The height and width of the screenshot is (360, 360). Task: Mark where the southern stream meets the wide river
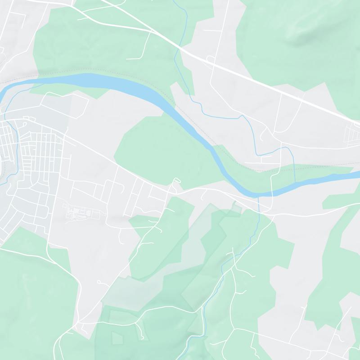click(x=260, y=197)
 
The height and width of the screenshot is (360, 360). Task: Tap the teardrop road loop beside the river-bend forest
click(x=176, y=181)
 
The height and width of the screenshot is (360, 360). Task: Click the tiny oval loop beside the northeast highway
click(x=210, y=58)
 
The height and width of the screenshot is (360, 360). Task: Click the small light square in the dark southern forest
click(x=117, y=337)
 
